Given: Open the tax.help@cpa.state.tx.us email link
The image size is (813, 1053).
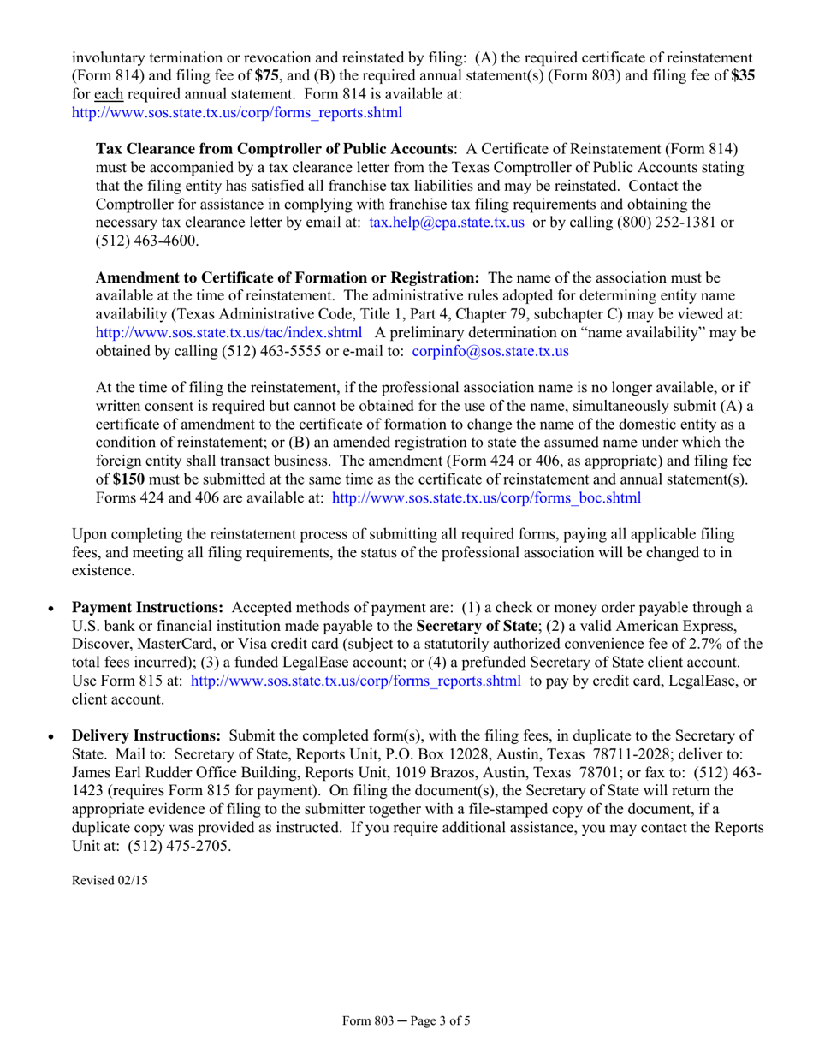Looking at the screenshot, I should pos(446,223).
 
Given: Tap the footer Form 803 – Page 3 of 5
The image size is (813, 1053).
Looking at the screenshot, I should pos(406,1021).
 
